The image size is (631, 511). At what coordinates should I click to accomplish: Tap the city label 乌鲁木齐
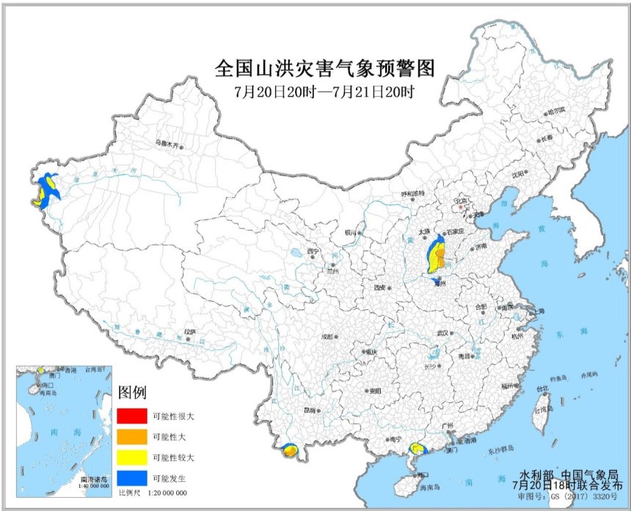[x=167, y=144]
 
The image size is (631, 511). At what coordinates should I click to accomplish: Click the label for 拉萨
[x=191, y=331]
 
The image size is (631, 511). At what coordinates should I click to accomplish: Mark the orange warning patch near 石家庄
[x=437, y=257]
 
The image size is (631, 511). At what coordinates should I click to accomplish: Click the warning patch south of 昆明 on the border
[x=290, y=452]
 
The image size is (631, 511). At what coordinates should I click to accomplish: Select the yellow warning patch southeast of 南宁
[x=417, y=447]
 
